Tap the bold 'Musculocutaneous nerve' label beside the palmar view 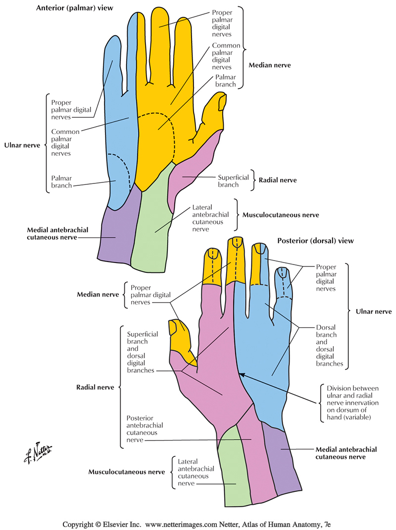(280, 215)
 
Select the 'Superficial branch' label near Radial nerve (228, 181)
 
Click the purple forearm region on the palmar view (115, 232)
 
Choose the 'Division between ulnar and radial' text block (349, 403)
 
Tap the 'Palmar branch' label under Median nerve (225, 81)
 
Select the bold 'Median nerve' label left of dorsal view (98, 295)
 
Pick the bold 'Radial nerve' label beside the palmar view (278, 180)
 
